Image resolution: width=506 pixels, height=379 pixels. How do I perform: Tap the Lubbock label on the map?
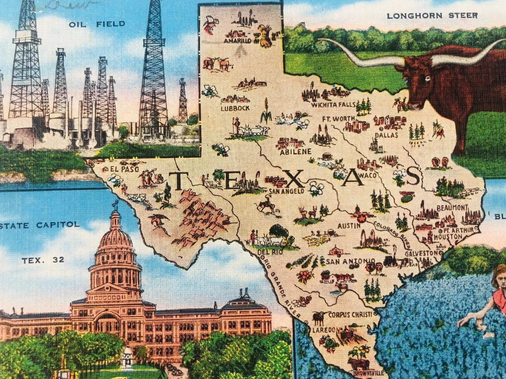(235, 108)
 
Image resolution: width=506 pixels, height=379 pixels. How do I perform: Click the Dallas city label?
(384, 136)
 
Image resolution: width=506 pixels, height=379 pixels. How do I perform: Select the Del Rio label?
(266, 252)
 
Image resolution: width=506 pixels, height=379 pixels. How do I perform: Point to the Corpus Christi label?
(350, 314)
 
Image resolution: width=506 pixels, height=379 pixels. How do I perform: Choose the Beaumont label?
(452, 208)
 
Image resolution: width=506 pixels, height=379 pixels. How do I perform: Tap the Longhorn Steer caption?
(432, 16)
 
